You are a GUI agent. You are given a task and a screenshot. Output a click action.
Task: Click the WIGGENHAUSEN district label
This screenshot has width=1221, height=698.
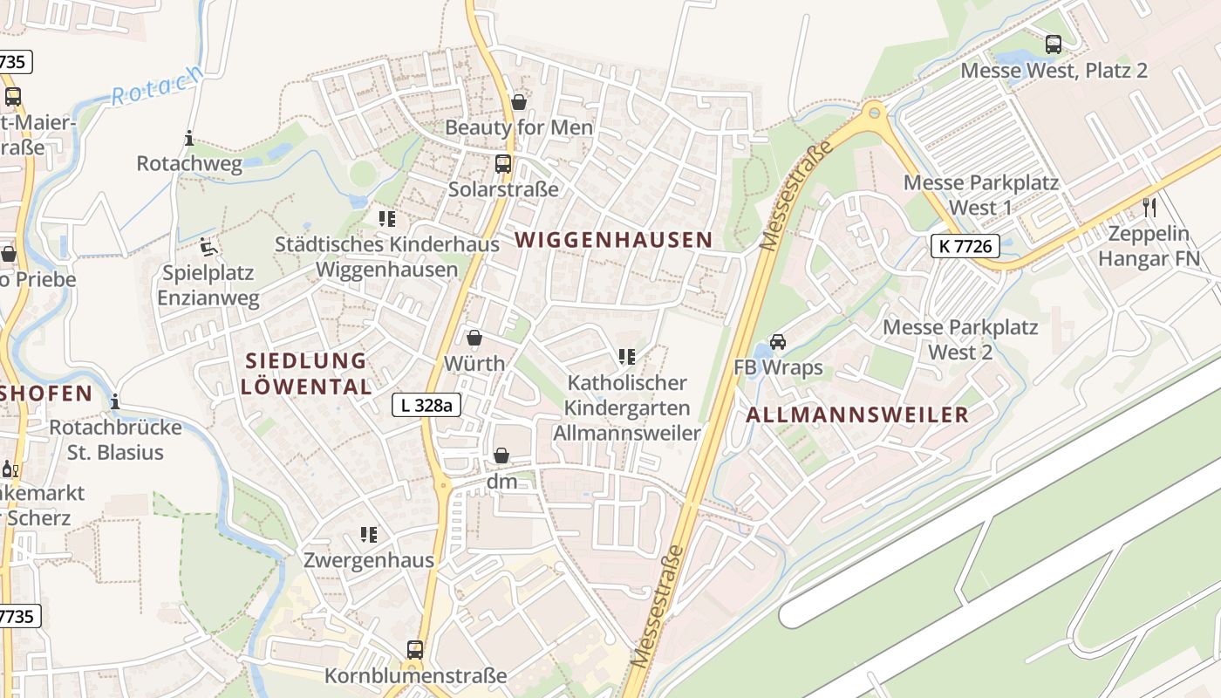click(613, 239)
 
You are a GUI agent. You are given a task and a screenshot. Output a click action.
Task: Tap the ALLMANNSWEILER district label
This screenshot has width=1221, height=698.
click(857, 414)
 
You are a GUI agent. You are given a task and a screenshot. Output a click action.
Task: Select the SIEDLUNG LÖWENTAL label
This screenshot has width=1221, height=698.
click(305, 373)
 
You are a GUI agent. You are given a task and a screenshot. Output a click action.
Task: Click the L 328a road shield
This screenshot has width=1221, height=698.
click(426, 405)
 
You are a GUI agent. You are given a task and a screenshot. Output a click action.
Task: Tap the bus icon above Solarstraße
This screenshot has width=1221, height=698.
click(502, 163)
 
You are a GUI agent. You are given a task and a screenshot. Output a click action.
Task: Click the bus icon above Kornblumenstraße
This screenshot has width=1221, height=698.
click(415, 649)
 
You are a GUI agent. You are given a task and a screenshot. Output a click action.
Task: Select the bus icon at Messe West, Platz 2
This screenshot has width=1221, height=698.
click(1054, 44)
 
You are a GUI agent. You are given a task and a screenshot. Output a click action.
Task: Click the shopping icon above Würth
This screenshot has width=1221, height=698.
click(474, 338)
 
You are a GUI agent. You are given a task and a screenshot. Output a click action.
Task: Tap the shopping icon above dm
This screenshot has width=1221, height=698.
click(501, 455)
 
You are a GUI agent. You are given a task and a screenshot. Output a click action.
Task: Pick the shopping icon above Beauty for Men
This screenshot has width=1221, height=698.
click(519, 102)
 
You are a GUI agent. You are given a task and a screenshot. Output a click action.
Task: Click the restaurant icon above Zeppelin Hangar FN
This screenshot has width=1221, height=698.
click(1149, 207)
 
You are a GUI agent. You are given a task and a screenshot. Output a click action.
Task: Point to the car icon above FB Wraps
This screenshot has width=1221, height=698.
click(778, 342)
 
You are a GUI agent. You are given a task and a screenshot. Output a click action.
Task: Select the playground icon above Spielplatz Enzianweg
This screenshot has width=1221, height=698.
click(208, 247)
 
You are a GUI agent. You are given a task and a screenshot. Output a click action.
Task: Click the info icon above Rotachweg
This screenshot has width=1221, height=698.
click(189, 138)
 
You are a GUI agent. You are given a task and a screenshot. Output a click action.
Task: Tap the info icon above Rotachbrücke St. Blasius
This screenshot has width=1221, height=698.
click(115, 401)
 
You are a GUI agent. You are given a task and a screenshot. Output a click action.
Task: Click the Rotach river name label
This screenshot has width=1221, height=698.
click(156, 86)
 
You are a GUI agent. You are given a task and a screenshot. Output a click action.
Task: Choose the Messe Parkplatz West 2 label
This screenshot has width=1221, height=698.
click(960, 339)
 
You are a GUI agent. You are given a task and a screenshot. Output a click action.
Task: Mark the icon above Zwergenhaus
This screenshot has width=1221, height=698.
click(368, 534)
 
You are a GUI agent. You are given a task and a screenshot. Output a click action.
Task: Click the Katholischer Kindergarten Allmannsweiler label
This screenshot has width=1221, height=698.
click(627, 407)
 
